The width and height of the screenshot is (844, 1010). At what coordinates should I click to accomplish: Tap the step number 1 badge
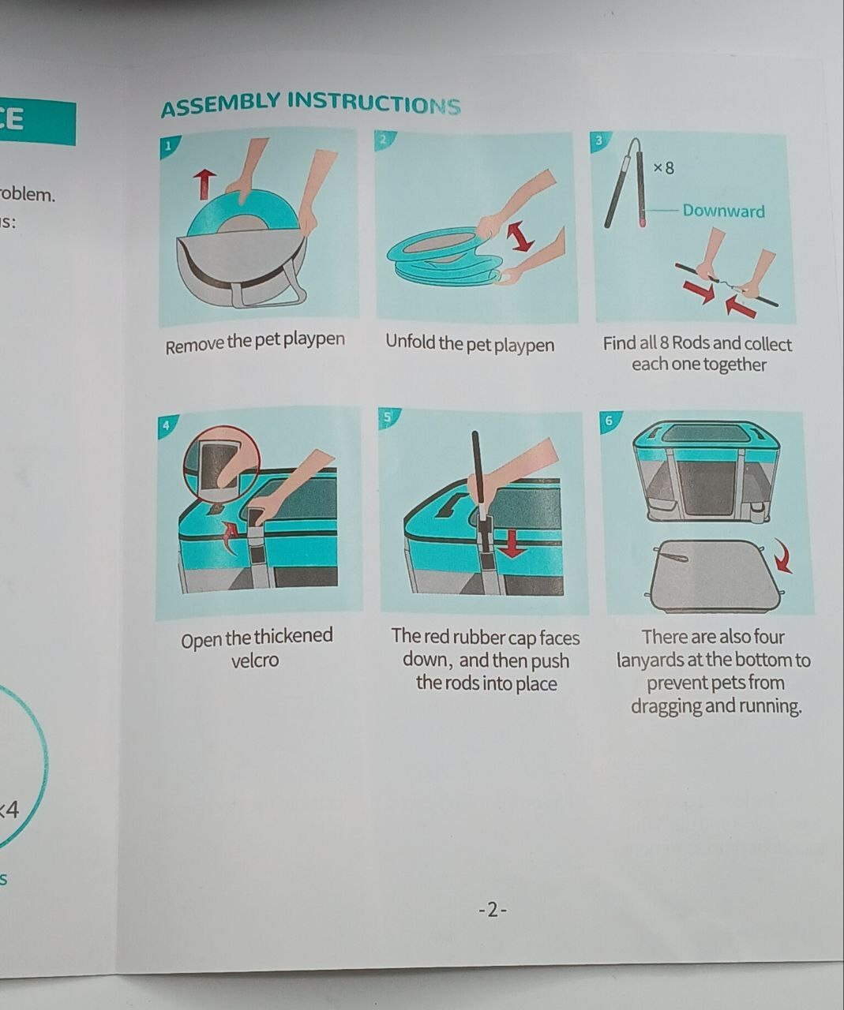[x=168, y=147]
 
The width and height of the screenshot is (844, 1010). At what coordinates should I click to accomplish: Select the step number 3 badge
[x=599, y=140]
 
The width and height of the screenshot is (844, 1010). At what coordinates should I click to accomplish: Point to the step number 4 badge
[x=167, y=425]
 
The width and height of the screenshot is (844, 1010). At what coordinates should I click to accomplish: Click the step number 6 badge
[x=610, y=421]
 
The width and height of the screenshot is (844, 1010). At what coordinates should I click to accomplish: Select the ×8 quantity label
[x=663, y=168]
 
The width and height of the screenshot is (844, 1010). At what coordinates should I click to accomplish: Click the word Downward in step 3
[x=723, y=211]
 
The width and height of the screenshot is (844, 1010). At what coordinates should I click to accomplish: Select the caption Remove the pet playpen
[x=255, y=342]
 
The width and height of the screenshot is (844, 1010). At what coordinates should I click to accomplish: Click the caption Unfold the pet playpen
[x=470, y=344]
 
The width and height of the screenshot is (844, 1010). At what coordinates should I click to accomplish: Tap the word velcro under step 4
[x=255, y=660]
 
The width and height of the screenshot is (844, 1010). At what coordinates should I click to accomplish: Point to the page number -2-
[x=493, y=910]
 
